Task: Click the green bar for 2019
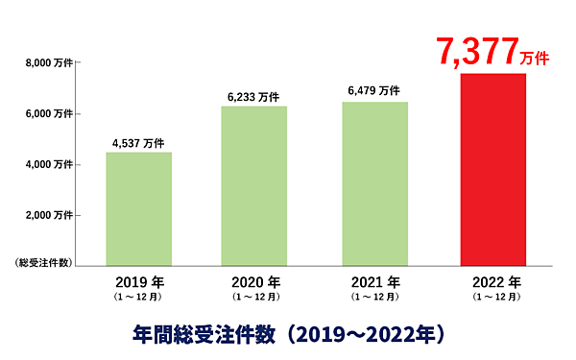click(x=139, y=208)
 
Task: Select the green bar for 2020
click(x=254, y=185)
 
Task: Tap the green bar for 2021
click(x=374, y=183)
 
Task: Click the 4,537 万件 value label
click(x=139, y=141)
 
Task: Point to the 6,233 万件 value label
click(x=253, y=96)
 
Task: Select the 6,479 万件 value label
click(x=374, y=91)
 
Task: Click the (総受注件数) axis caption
click(x=43, y=263)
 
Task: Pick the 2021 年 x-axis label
click(x=374, y=283)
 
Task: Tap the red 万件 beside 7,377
click(x=535, y=58)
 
